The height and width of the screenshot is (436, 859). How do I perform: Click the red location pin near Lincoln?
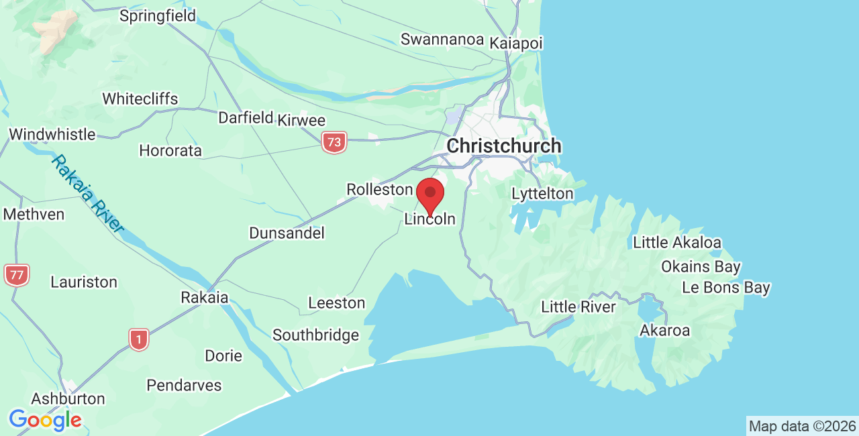coord(430,195)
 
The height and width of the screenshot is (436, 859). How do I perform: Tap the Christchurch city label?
coord(504,146)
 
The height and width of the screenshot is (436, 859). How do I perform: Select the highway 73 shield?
coord(334,142)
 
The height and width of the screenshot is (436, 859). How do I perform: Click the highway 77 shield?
coord(16,274)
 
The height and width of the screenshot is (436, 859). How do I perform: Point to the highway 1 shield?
coord(139,339)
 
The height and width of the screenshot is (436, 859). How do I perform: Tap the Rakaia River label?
coord(89,194)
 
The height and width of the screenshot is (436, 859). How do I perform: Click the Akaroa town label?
coord(664,330)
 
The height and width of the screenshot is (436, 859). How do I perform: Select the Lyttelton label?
coord(542,194)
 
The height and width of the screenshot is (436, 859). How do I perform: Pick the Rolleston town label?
coord(379,190)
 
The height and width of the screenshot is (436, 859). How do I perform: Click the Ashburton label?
coord(68,398)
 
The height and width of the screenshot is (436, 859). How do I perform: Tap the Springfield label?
coord(158,15)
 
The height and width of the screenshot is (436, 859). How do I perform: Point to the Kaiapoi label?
coord(516,42)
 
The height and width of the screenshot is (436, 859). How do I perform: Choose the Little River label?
coord(578,307)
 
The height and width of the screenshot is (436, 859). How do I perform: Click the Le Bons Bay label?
coord(725,288)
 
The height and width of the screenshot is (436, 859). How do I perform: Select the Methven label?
coord(34,214)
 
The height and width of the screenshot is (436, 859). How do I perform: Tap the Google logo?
coord(45,421)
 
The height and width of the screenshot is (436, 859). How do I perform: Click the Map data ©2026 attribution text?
coord(802,426)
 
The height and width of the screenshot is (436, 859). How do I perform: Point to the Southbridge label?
coord(315,335)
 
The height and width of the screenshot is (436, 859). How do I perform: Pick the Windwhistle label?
coord(52,134)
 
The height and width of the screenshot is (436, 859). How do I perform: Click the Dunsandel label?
coord(287,233)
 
